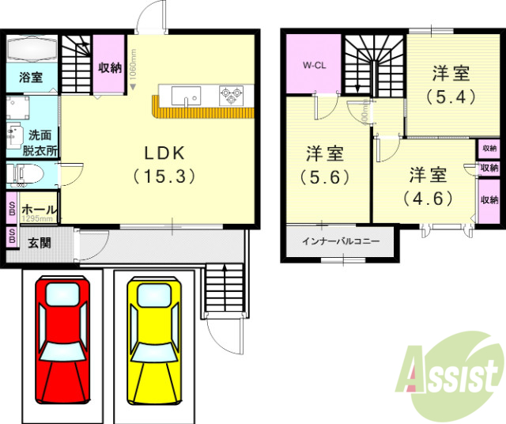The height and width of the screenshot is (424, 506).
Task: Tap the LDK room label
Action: pos(164,152)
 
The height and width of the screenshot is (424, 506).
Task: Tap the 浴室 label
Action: pos(32,78)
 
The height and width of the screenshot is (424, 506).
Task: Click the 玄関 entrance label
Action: pos(40,243)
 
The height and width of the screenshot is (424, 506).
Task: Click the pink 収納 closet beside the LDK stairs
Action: pos(110,68)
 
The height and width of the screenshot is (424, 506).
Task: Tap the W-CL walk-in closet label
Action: pos(315,66)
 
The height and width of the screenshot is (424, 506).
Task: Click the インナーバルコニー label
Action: pos(340,240)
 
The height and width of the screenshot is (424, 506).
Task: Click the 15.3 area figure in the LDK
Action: pos(164,176)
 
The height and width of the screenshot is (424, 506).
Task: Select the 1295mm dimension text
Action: pos(37,218)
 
